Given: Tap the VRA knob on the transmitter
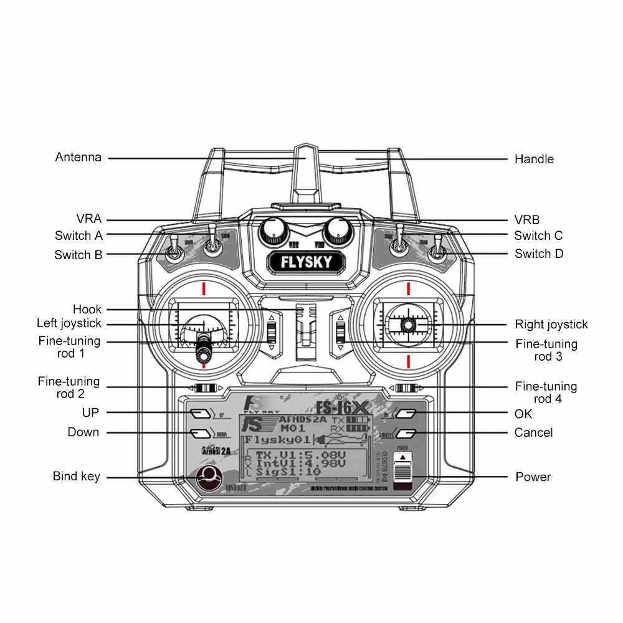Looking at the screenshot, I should coord(272,231).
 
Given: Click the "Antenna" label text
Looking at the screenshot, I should coord(78,157).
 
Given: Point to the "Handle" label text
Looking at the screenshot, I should coord(534,159).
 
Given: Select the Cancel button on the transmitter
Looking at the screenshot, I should coord(406,432).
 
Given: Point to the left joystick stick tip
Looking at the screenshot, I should coord(203,350).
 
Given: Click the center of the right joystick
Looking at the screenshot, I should coord(408,324).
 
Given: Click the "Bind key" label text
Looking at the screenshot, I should coord(76,477).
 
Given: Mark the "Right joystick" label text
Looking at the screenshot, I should coord(551,324).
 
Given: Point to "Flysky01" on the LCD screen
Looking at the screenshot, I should coord(274,440).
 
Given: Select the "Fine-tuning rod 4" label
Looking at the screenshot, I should coord(546,392).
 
